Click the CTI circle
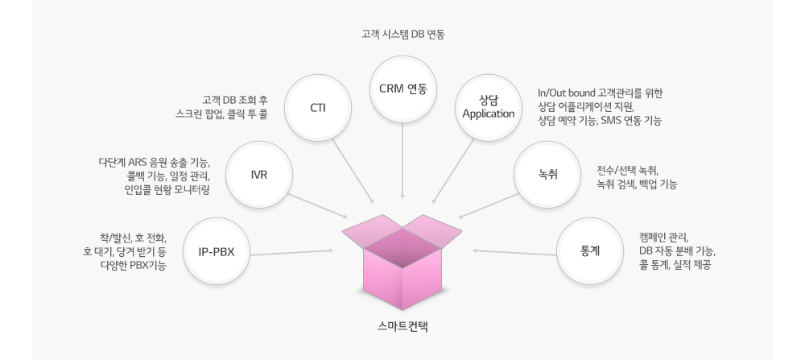(317, 107)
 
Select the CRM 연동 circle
(402, 88)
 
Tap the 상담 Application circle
(488, 107)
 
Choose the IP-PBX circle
(215, 250)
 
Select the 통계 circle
(589, 250)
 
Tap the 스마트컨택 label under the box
(402, 328)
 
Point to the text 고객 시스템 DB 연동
(402, 35)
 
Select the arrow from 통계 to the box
(515, 251)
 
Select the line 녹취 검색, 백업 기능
(636, 184)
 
